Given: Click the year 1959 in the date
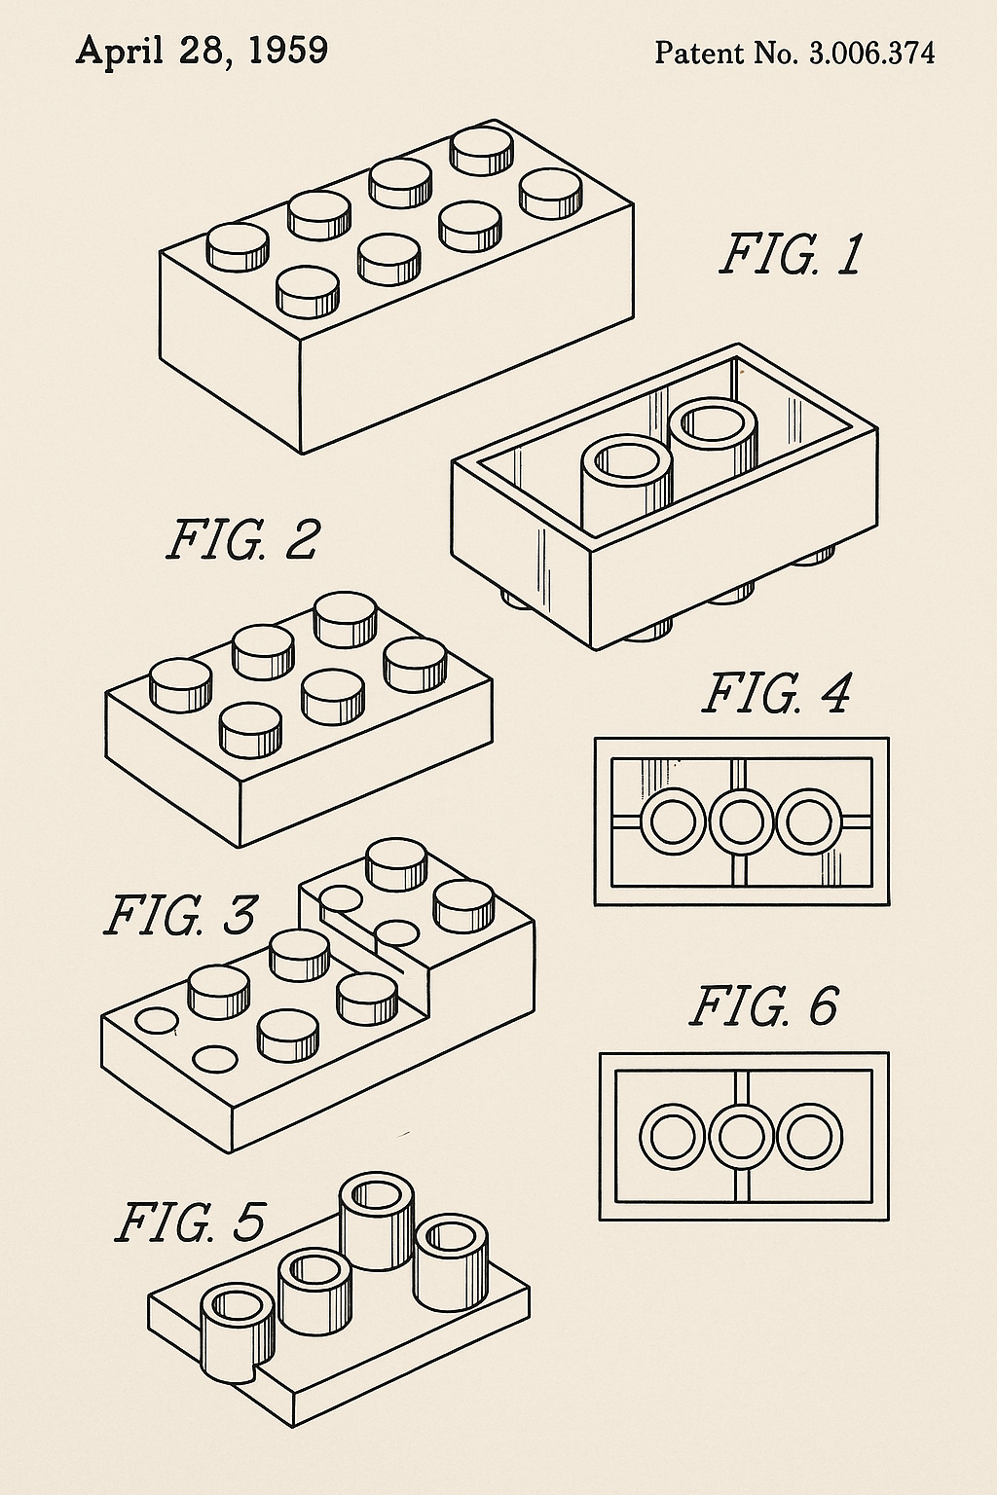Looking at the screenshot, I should click(x=287, y=51).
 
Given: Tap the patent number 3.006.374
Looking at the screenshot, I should click(x=871, y=54).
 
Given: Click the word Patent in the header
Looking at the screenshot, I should click(x=689, y=53).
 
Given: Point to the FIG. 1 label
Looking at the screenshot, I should click(x=791, y=255).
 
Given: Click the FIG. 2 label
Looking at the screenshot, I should click(x=242, y=539).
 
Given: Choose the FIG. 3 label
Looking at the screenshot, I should click(x=180, y=915).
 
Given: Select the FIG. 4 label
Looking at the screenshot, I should click(x=776, y=694).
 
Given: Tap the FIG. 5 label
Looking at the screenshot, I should click(x=190, y=1222).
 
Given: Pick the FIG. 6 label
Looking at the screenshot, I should click(x=764, y=1006).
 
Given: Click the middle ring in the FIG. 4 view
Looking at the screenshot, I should click(x=742, y=821).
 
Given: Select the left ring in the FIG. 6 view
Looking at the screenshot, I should click(x=672, y=1137).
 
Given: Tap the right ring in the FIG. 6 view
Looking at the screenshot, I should click(x=810, y=1137).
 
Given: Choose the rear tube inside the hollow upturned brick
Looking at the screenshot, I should click(x=715, y=436).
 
